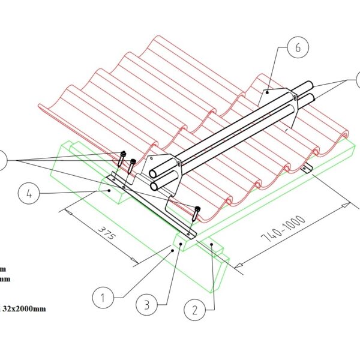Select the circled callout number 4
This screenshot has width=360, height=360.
point(30,194)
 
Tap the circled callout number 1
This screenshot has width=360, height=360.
point(103,296)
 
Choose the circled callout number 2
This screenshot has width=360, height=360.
point(195,310)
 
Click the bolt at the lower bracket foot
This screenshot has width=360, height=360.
point(197,211)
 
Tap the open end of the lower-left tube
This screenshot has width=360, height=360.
point(157,187)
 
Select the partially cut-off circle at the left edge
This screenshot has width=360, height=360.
point(2,161)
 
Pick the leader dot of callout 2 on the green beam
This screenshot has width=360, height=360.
point(212,245)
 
